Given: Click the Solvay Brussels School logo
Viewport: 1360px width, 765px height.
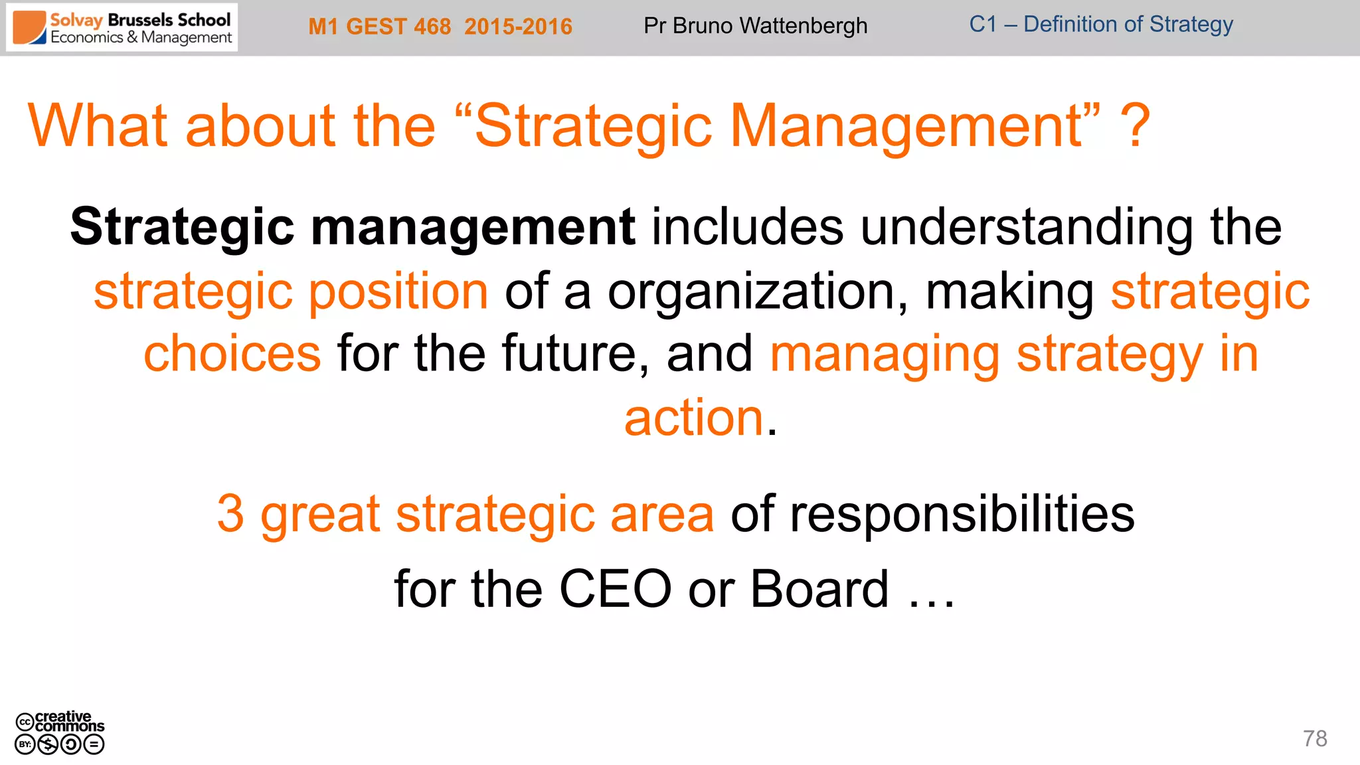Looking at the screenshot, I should coord(122,28).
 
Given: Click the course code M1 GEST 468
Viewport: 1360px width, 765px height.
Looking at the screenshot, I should coord(379,27).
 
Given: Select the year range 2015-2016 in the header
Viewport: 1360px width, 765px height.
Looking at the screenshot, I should coord(518,27).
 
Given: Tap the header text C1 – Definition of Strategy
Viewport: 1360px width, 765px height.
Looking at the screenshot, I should coord(1100,25).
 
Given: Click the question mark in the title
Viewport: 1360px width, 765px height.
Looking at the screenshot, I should coord(1134,126).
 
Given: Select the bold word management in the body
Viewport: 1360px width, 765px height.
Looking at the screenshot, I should coord(473,227).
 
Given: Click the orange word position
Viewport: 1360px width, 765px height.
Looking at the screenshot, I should coord(398,292).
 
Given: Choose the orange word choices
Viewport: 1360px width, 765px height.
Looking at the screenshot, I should coord(232,353).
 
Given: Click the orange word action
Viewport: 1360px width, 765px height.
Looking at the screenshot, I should coord(694,418).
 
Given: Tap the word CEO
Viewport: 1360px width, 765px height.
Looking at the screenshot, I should coord(615,589).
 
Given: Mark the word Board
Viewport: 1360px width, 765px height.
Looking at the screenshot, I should coord(819,589).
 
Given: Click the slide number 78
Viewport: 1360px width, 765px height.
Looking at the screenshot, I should coord(1314,738).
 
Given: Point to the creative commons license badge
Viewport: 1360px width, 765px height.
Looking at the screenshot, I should coord(60,732).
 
